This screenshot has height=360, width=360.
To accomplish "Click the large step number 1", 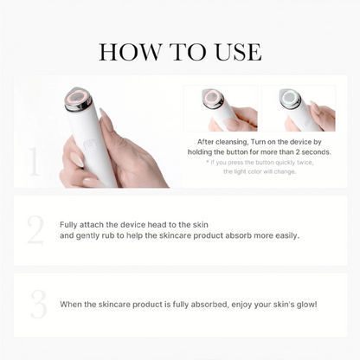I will pyautogui.click(x=35, y=161).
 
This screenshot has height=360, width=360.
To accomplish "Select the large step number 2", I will pyautogui.click(x=35, y=230).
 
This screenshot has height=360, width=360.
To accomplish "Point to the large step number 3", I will pyautogui.click(x=36, y=304).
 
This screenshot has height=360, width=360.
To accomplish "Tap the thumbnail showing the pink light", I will pyautogui.click(x=221, y=108).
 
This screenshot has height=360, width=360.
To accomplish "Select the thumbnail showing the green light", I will pyautogui.click(x=299, y=108).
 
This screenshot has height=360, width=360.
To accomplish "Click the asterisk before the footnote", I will pyautogui.click(x=208, y=163).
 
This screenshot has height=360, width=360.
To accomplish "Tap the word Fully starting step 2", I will pyautogui.click(x=68, y=224).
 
